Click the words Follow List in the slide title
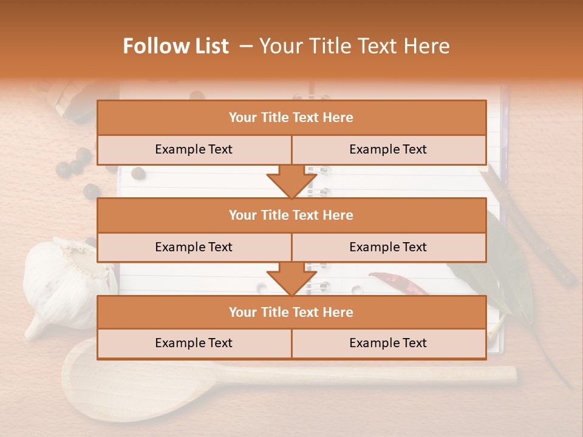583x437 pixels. coord(176,46)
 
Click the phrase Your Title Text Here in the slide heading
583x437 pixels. coord(354,46)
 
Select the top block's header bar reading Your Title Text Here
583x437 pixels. coord(291,118)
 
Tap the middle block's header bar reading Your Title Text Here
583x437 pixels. coord(291,215)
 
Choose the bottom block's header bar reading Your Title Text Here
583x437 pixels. coord(291,312)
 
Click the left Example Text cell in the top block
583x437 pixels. coord(194,149)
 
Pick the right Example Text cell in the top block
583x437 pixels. coord(389,149)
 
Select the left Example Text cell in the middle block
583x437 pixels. coord(194,247)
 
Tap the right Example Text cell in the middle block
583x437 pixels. coord(389,247)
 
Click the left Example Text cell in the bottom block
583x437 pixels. coord(194,343)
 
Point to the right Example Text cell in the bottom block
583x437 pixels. coord(389,343)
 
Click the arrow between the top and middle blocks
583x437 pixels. coord(291,181)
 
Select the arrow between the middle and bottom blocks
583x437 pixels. coord(291,278)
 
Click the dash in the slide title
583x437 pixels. coord(245,46)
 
